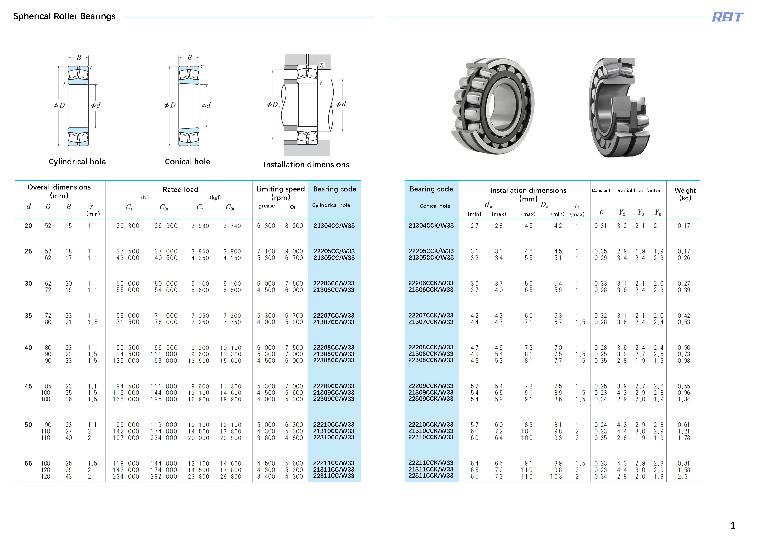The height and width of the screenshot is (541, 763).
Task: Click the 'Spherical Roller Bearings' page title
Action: pos(64,16)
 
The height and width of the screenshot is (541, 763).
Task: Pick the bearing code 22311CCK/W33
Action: pos(431,476)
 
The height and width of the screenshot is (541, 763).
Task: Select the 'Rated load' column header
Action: pos(180,189)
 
